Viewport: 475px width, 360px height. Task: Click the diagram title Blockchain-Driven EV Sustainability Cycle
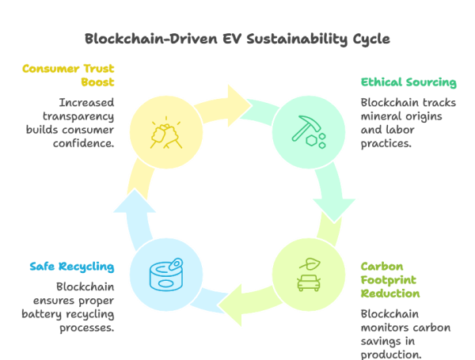point(237,39)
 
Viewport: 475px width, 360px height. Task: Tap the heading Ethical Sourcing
point(408,82)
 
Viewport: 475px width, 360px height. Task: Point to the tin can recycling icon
point(167,274)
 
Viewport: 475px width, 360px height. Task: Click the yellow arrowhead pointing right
point(237,98)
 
